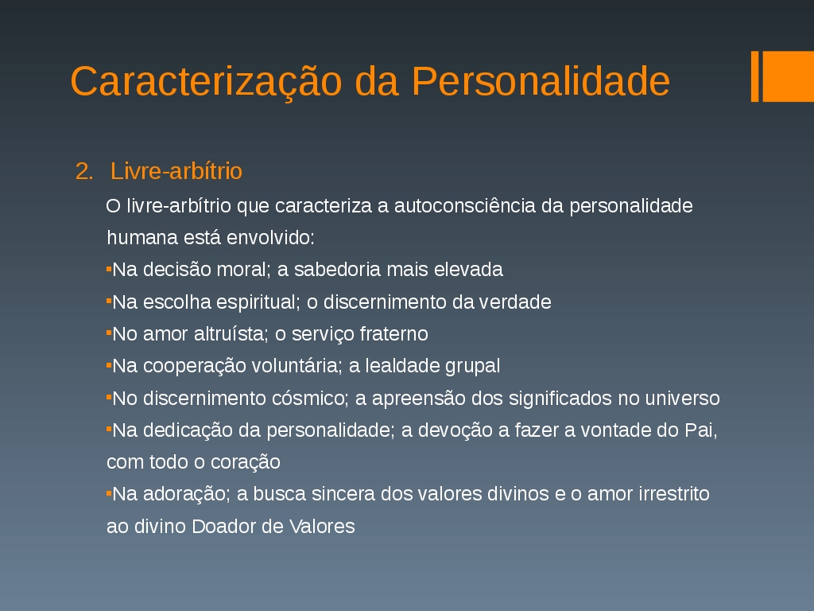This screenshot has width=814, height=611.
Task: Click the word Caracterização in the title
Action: pyautogui.click(x=206, y=83)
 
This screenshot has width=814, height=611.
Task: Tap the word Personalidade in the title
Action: pyautogui.click(x=541, y=81)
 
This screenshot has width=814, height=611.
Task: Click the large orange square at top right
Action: pyautogui.click(x=788, y=76)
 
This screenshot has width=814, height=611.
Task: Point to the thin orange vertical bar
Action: pyautogui.click(x=755, y=76)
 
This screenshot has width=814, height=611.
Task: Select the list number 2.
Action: pyautogui.click(x=84, y=171)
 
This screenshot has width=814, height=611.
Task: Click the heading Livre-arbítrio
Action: pyautogui.click(x=176, y=171)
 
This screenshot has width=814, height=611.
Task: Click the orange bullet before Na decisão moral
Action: pyautogui.click(x=109, y=269)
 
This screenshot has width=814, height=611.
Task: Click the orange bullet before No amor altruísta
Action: pyautogui.click(x=109, y=333)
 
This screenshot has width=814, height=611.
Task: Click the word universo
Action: pyautogui.click(x=682, y=398)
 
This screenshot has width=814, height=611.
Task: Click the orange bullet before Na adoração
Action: pyautogui.click(x=109, y=493)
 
